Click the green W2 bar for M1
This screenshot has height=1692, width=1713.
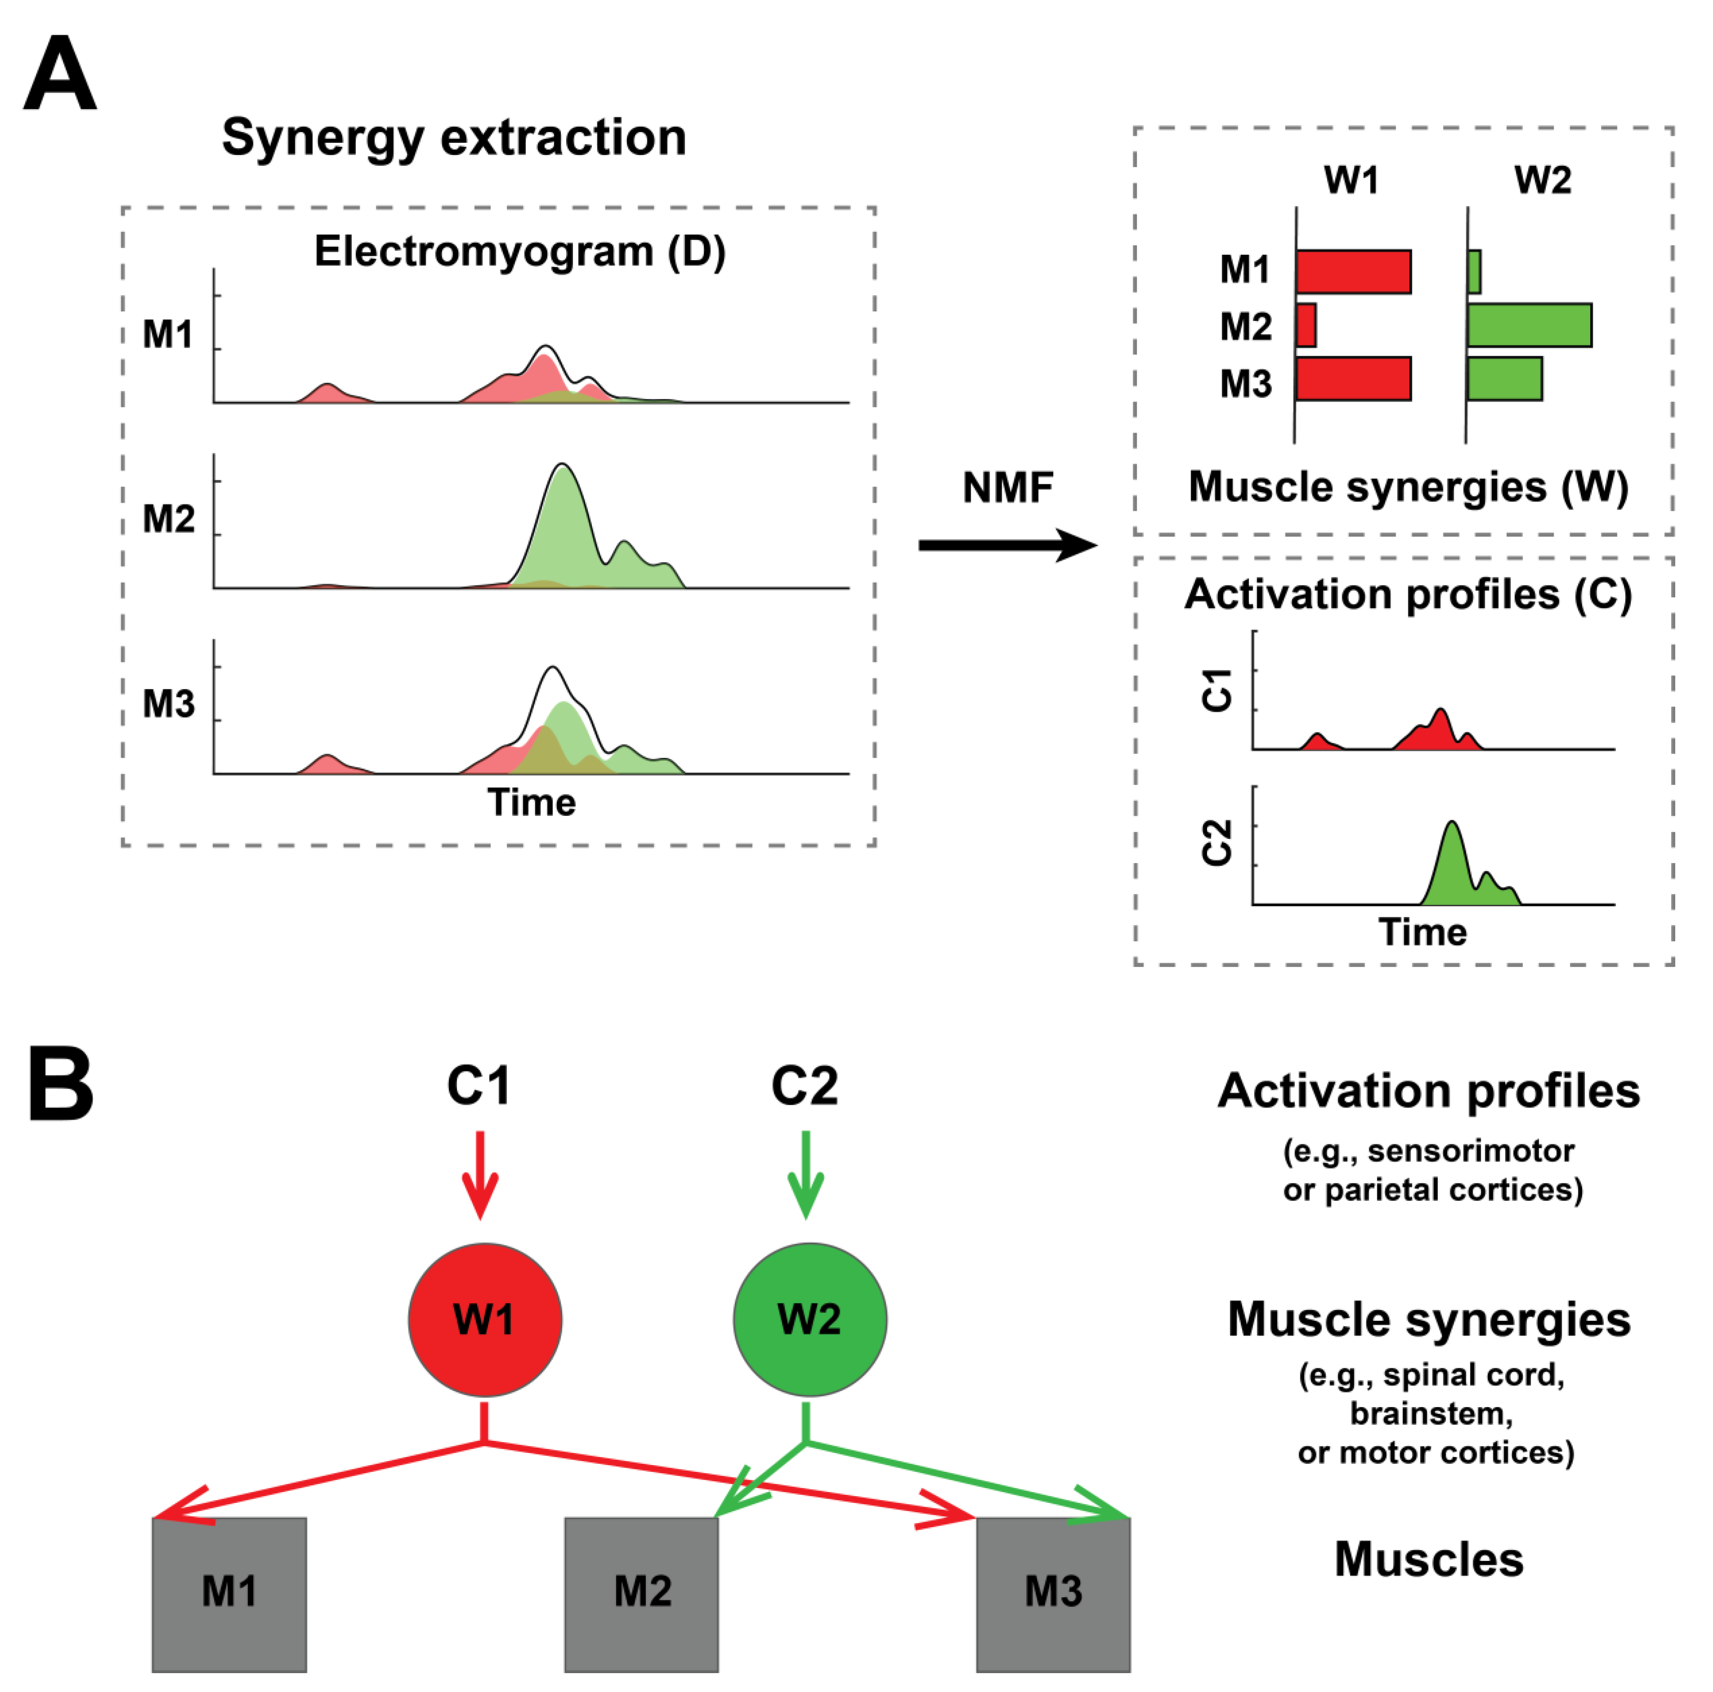pyautogui.click(x=1473, y=271)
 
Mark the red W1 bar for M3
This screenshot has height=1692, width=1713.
pyautogui.click(x=1353, y=378)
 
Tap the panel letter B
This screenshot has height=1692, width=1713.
pyautogui.click(x=60, y=1083)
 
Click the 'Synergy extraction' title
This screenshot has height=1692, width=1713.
pyautogui.click(x=454, y=137)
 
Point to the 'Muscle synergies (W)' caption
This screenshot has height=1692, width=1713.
pyautogui.click(x=1408, y=487)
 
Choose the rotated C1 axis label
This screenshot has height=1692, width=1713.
pyautogui.click(x=1217, y=690)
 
